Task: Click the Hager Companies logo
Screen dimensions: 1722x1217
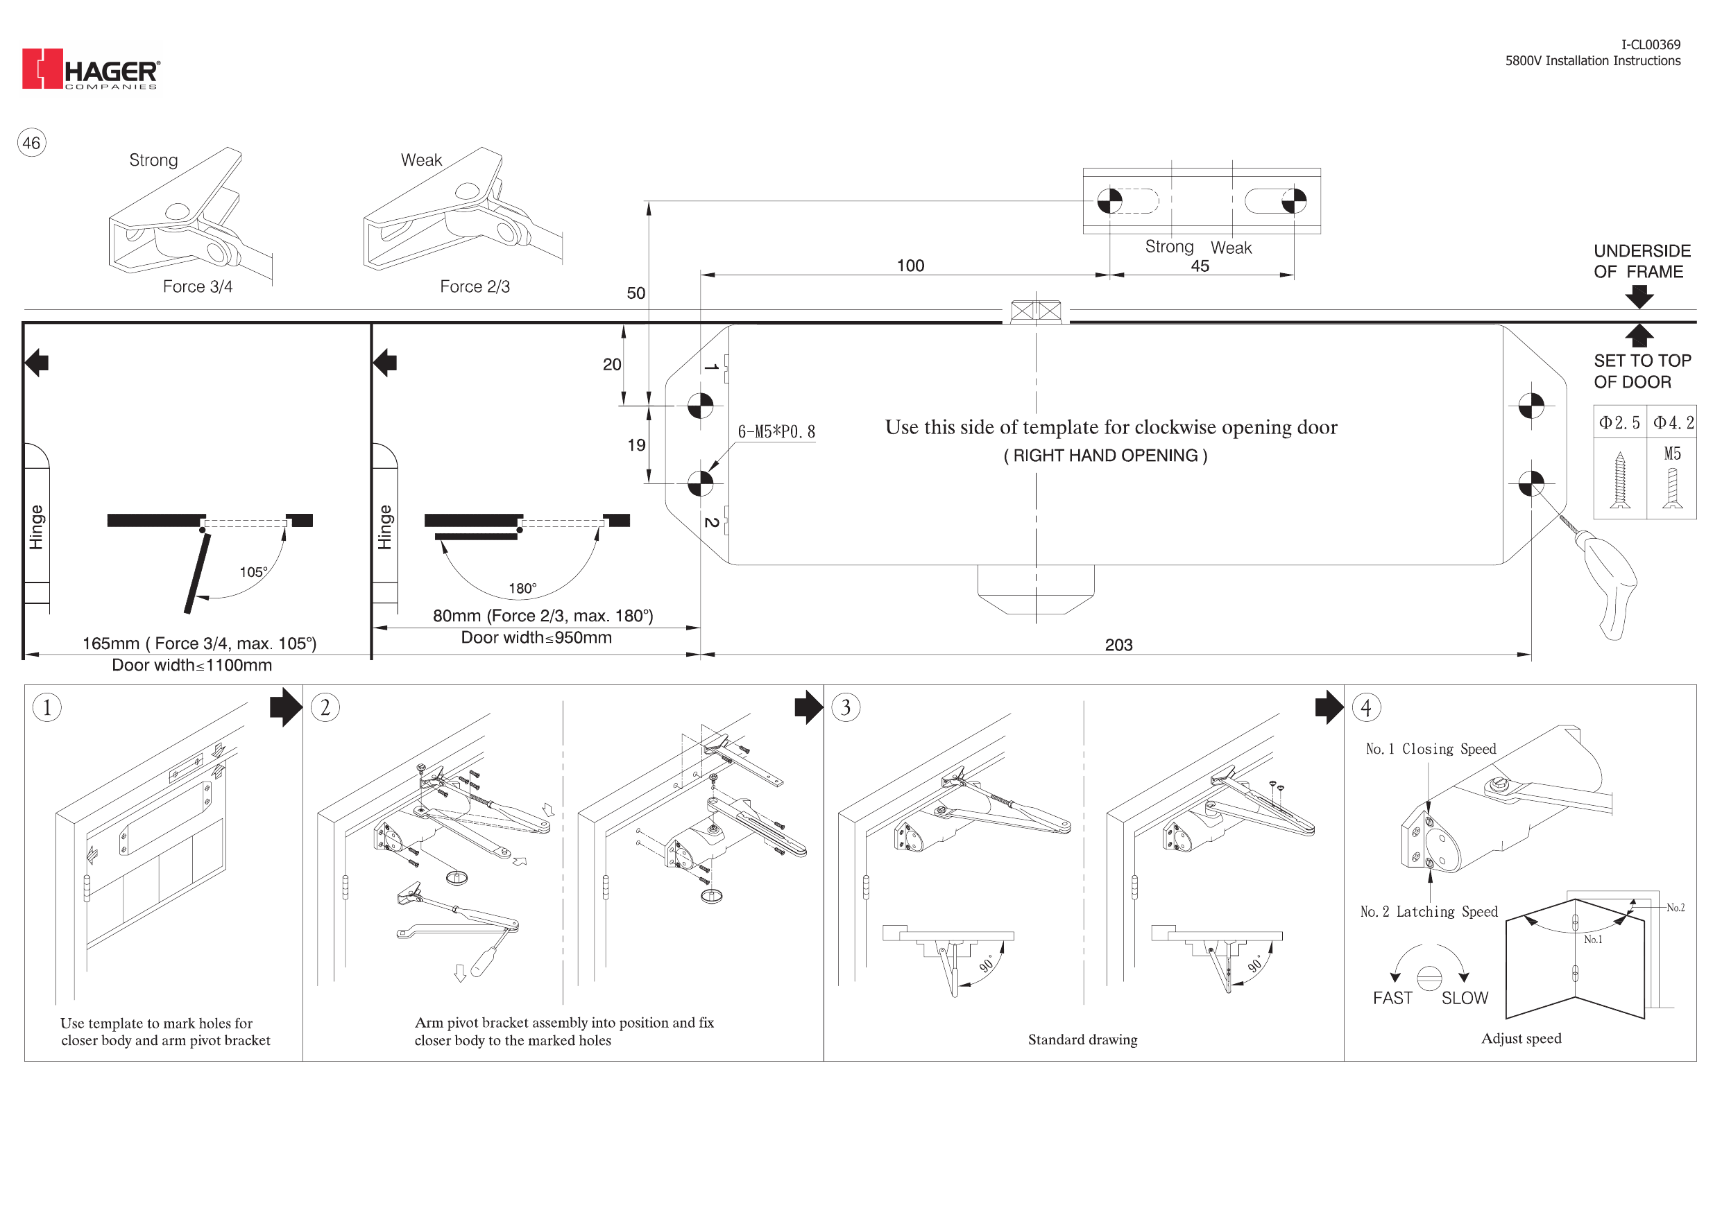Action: click(91, 69)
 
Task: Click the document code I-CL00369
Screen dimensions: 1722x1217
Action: click(1651, 45)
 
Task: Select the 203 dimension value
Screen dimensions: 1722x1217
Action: click(1118, 645)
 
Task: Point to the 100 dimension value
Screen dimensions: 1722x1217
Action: click(910, 266)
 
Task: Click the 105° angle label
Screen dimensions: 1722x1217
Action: click(253, 572)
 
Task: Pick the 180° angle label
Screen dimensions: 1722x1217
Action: click(522, 589)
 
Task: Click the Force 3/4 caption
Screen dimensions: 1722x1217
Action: click(197, 286)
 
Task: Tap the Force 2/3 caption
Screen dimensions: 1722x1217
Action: click(475, 286)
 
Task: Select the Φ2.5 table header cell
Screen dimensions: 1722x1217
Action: click(1620, 423)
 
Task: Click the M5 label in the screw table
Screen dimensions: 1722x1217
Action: click(1673, 454)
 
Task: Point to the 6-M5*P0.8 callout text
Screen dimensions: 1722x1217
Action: click(776, 432)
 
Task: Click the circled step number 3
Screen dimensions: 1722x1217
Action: click(846, 707)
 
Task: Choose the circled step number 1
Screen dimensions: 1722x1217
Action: click(47, 707)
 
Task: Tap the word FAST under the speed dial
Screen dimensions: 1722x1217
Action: click(1392, 998)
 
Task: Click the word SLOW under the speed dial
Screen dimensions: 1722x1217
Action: click(1465, 998)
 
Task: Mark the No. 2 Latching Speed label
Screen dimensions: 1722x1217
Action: click(1429, 912)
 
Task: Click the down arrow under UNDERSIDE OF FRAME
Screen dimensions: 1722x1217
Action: click(1639, 297)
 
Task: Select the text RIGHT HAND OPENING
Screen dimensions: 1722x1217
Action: click(1105, 456)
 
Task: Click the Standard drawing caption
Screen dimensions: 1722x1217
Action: click(1082, 1040)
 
